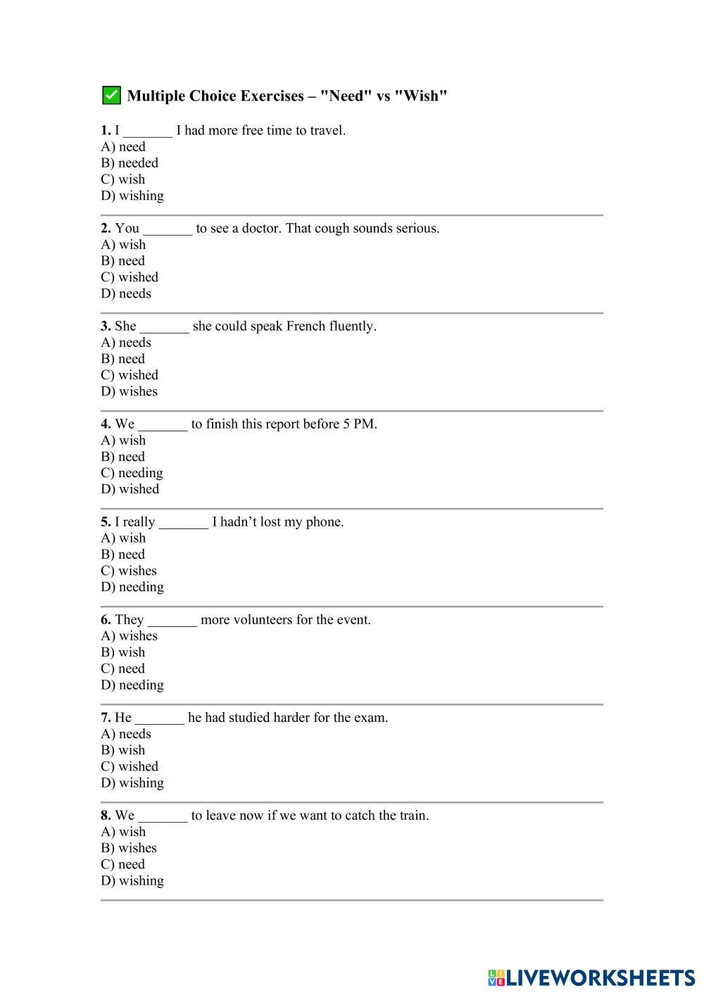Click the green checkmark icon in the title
(111, 95)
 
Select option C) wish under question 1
(123, 179)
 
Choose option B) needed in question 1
(130, 163)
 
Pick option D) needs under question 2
(126, 293)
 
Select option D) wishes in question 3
(130, 391)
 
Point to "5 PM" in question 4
(359, 424)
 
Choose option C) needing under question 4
(132, 473)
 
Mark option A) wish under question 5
(123, 538)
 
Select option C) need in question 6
(123, 668)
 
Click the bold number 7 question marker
(106, 718)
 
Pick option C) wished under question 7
(130, 766)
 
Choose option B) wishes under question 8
(129, 848)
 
